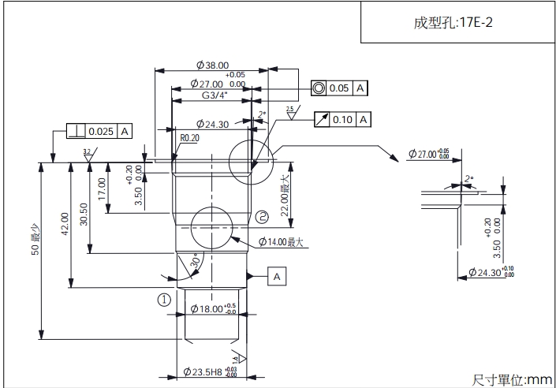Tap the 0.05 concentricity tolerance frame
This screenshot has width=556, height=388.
339,88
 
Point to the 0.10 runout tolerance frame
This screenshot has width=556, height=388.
341,119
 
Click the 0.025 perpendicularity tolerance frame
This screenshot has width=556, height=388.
99,131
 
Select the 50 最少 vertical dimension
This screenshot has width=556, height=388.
35,251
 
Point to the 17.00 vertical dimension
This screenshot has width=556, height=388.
102,188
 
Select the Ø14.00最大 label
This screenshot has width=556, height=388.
281,242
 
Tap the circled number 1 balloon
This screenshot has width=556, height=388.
163,300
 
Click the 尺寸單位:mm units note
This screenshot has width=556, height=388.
513,379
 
